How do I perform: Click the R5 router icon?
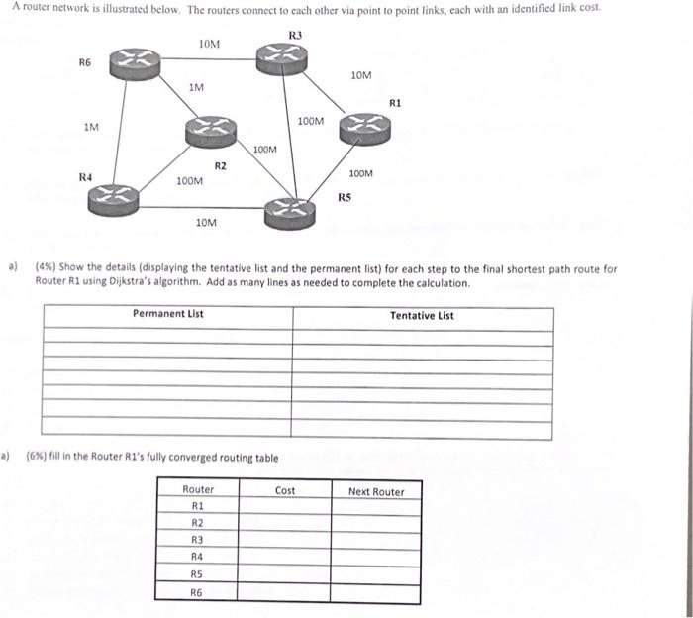tap(289, 209)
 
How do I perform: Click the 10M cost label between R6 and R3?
tap(209, 44)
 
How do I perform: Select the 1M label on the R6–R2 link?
tap(196, 88)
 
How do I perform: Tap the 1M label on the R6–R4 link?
tap(91, 127)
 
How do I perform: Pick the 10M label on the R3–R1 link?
tap(361, 75)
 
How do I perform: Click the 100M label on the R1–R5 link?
tap(361, 173)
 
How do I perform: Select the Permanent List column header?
tap(167, 314)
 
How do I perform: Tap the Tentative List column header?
tap(422, 316)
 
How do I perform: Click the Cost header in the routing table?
tap(285, 491)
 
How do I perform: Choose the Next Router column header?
tap(376, 492)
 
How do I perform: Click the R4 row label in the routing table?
tap(197, 557)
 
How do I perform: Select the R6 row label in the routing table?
tap(197, 591)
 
